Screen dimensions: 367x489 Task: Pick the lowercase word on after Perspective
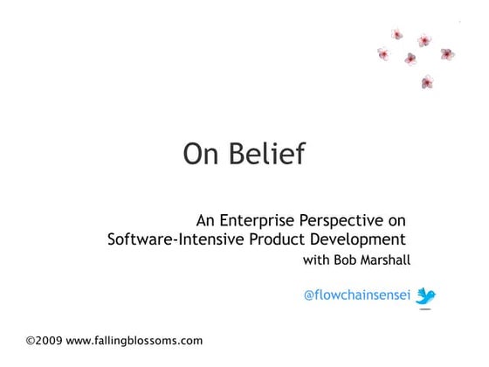click(398, 219)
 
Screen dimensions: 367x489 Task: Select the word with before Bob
click(316, 260)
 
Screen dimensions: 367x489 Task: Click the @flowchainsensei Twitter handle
click(356, 295)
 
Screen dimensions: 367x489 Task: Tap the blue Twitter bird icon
click(425, 296)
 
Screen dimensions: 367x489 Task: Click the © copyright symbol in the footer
click(31, 340)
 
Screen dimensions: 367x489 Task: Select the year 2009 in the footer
click(50, 340)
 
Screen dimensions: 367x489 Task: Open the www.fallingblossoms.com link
click(134, 340)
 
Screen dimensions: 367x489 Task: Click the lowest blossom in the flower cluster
click(427, 82)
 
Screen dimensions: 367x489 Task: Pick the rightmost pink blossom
click(447, 54)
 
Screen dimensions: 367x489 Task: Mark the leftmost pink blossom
click(382, 54)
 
